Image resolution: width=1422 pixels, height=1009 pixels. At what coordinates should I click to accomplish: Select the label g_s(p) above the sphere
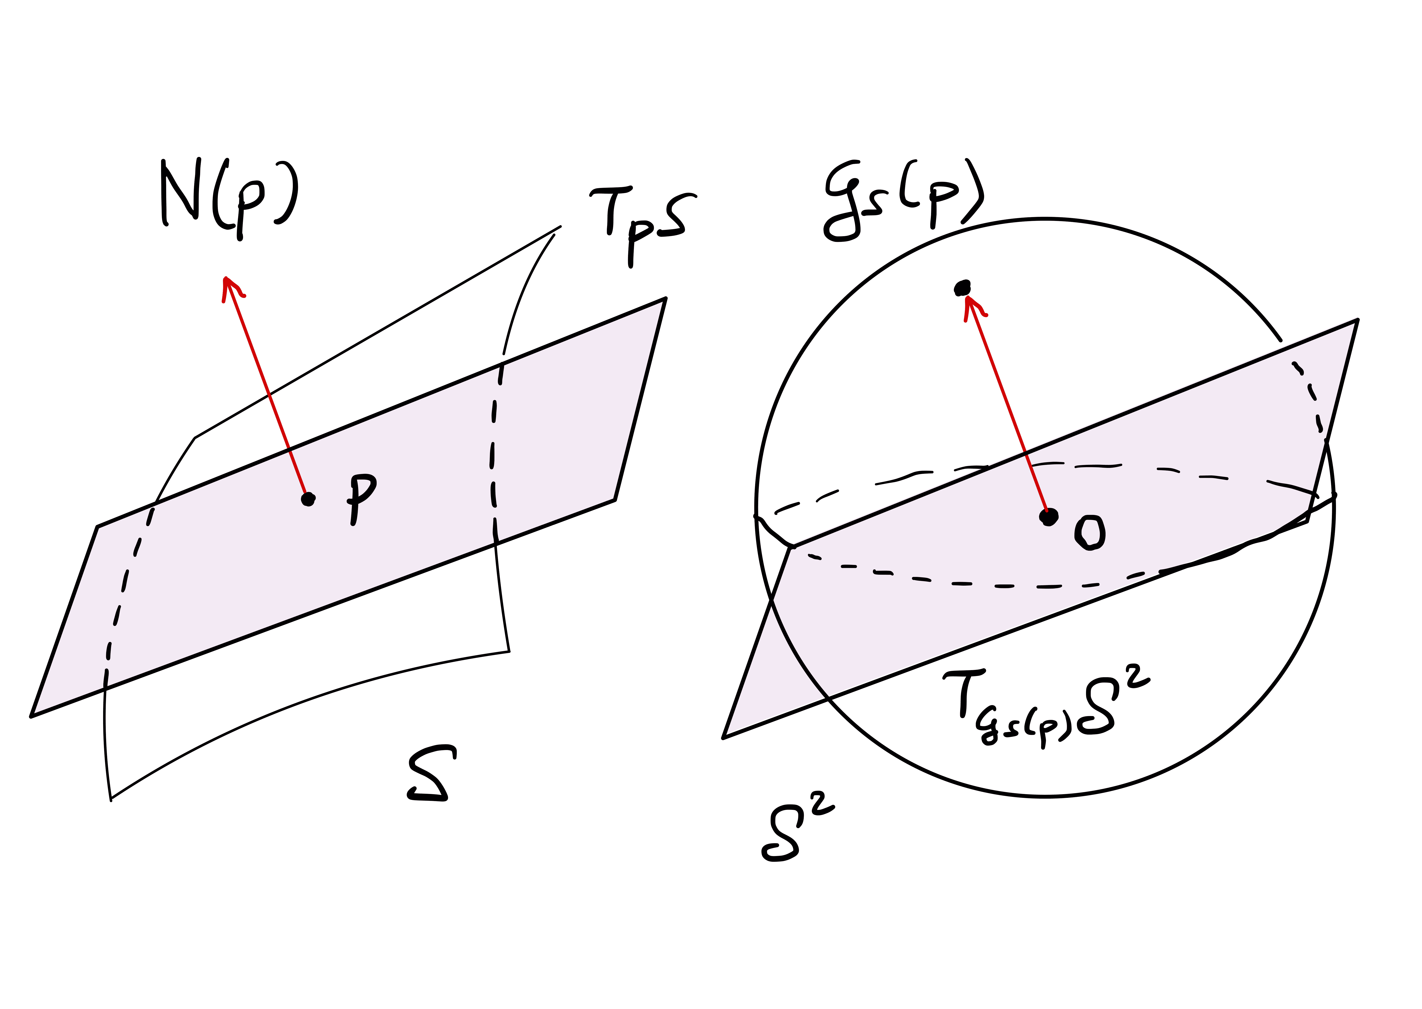pyautogui.click(x=904, y=200)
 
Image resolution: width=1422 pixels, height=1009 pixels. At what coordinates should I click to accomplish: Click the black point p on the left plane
pyautogui.click(x=307, y=499)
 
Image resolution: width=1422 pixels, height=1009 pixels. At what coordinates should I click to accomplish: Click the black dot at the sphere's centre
pyautogui.click(x=1049, y=516)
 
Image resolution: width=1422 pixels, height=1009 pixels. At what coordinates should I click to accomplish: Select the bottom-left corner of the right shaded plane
pyautogui.click(x=723, y=738)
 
